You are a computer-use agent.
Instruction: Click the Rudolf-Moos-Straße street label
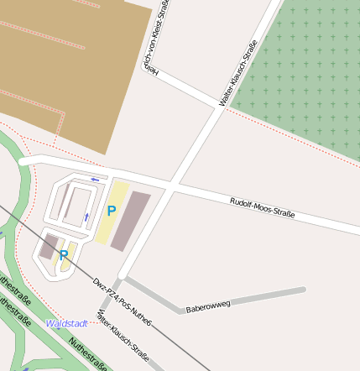262,207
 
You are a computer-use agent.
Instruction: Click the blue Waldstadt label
67,323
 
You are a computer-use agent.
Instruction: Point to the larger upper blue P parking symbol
111,211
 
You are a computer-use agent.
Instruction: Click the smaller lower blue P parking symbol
63,254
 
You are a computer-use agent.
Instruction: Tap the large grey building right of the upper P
131,221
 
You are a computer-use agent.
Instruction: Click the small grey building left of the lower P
49,247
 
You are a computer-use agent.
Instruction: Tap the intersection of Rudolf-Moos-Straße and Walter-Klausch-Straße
174,185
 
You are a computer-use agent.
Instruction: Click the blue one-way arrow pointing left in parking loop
95,179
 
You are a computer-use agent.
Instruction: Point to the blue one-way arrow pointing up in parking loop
86,217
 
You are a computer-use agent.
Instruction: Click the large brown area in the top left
67,67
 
